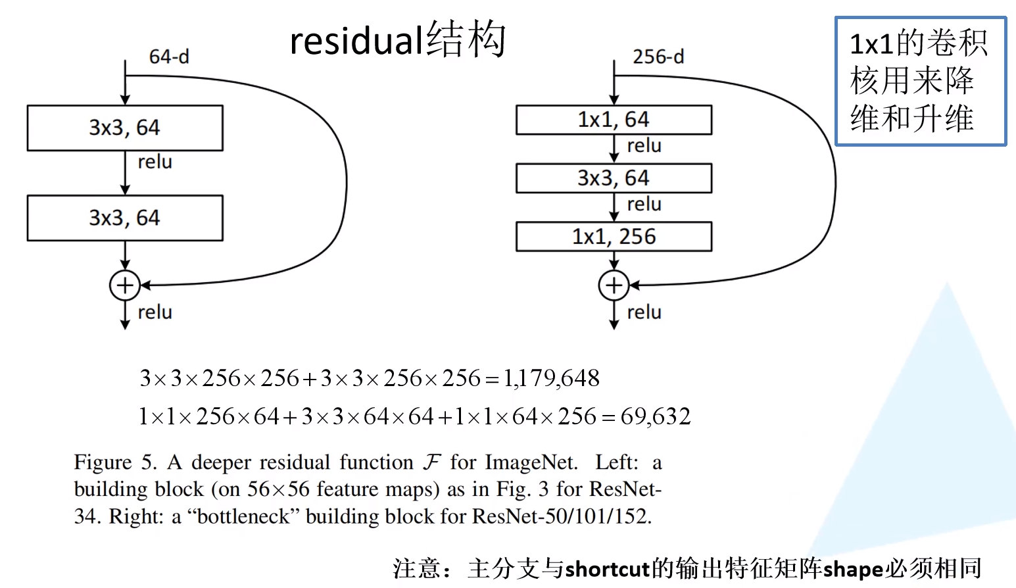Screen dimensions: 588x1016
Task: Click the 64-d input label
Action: click(x=169, y=57)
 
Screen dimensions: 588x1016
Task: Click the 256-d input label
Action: click(x=658, y=57)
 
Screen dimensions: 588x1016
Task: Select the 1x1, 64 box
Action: click(x=614, y=120)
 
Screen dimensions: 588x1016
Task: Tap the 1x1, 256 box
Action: click(x=614, y=237)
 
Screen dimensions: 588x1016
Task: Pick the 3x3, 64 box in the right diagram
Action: click(x=614, y=178)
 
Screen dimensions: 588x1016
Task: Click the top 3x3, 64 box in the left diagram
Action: click(x=125, y=128)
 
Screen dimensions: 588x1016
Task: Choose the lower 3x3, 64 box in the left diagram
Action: click(x=125, y=218)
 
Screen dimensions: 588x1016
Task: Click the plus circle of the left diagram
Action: click(x=125, y=285)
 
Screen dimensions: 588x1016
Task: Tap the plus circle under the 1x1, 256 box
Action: click(x=614, y=285)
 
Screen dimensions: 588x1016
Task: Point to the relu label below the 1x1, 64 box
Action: click(x=644, y=146)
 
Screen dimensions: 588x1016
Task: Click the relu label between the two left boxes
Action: click(x=155, y=162)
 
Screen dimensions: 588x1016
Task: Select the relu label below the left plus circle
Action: click(x=155, y=312)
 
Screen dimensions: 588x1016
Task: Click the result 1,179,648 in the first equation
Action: click(x=552, y=378)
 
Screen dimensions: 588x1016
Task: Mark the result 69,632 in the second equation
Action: click(x=656, y=416)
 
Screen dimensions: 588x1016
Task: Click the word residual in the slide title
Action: click(x=356, y=41)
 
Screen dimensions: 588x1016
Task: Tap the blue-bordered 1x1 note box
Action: click(x=920, y=81)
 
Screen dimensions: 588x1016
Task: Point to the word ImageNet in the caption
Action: click(x=531, y=462)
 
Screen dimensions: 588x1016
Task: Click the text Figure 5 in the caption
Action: click(x=115, y=462)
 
